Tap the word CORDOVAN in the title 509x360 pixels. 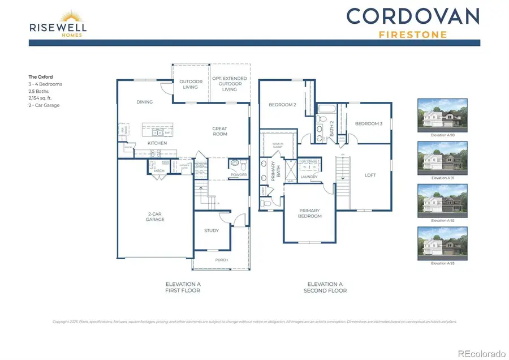coord(412,16)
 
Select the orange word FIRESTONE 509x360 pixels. coord(412,34)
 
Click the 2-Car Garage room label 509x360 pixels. coord(155,217)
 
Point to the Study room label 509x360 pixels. coord(212,230)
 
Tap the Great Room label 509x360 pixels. coord(220,131)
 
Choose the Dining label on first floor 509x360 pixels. coord(145,102)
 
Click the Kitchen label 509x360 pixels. coord(157,143)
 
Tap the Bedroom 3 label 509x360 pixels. coord(369,124)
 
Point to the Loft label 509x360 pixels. coord(370,175)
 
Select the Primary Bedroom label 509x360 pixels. coord(310,213)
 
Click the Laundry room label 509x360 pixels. coord(309,177)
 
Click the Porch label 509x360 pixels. coord(221,260)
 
